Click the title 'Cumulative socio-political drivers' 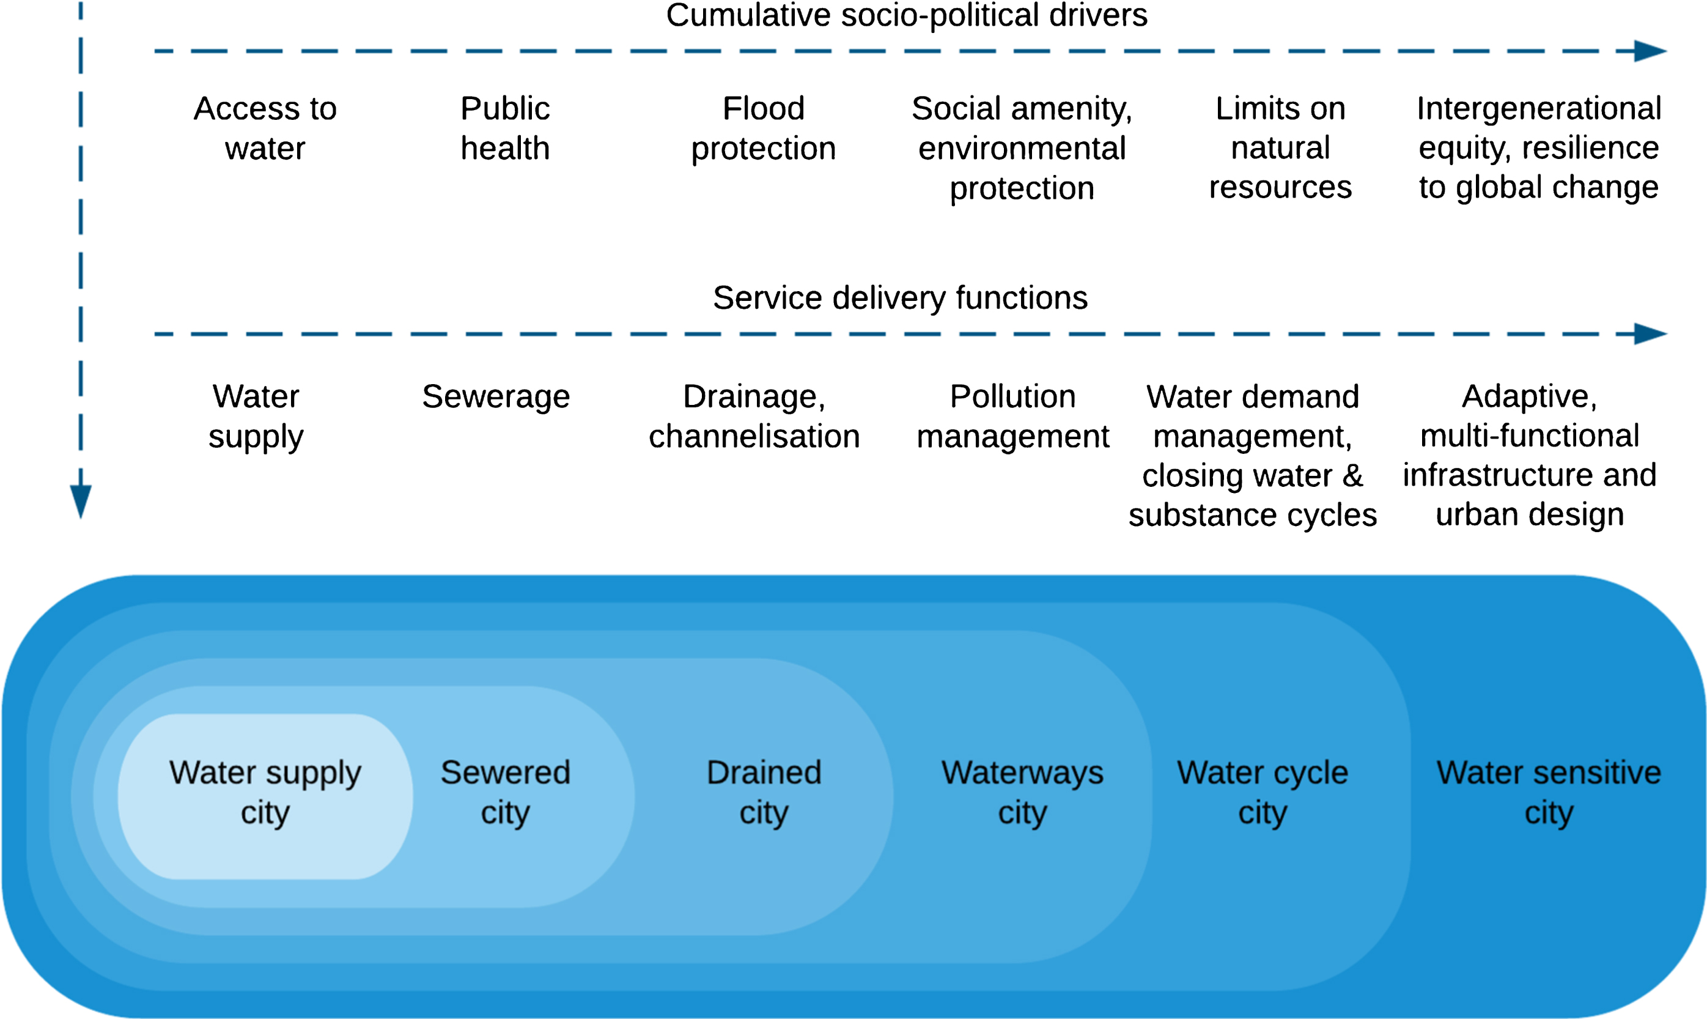[906, 15]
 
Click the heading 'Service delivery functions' [900, 298]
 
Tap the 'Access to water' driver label [265, 128]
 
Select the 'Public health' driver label [505, 128]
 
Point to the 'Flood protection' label [763, 128]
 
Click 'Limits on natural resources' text [1280, 147]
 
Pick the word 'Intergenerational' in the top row [1539, 108]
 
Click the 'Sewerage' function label [496, 397]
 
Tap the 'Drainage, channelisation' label [754, 416]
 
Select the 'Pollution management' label [1012, 416]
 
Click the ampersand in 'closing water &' [1353, 476]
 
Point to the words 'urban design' [1530, 515]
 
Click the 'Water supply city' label [265, 793]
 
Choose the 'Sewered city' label [505, 793]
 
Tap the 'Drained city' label [764, 793]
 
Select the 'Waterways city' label [1022, 793]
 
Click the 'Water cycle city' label [1263, 793]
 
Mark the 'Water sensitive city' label [1549, 793]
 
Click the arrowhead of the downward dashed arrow [81, 500]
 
